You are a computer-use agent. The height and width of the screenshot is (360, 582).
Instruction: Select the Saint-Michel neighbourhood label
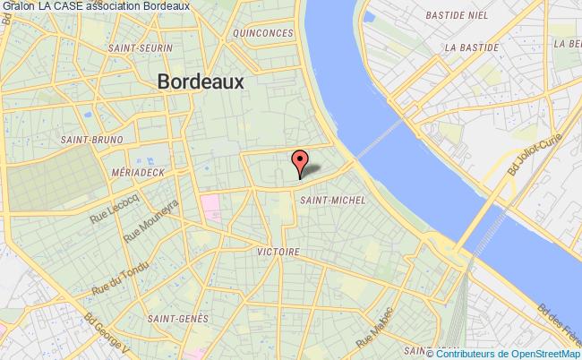click(x=333, y=200)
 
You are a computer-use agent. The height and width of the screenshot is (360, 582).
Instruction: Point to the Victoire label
click(x=278, y=252)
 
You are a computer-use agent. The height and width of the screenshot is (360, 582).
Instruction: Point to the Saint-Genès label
click(x=178, y=318)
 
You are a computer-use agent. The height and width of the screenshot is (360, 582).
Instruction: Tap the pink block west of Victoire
click(x=211, y=207)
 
